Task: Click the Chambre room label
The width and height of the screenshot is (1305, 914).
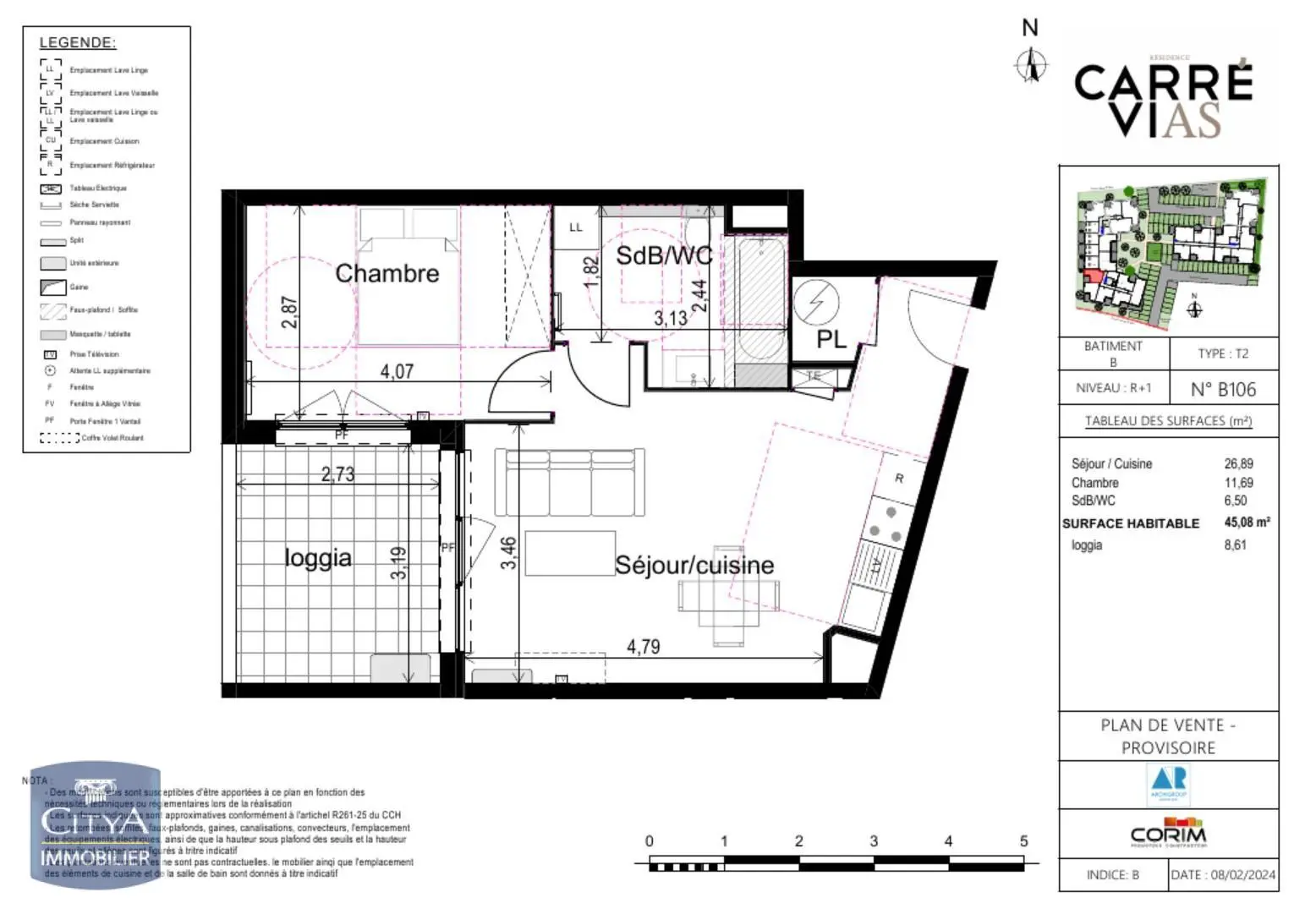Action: tap(387, 273)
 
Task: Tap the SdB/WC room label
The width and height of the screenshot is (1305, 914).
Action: tap(663, 254)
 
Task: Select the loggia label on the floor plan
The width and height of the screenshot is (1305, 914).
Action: tap(317, 557)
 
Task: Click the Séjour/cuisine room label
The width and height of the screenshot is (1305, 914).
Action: tap(694, 565)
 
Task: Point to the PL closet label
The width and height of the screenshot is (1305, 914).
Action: tap(831, 339)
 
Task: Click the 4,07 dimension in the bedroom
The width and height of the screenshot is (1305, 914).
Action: tap(396, 371)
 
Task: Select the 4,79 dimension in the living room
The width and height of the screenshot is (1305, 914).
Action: tap(643, 647)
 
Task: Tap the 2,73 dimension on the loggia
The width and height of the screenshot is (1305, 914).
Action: tap(337, 474)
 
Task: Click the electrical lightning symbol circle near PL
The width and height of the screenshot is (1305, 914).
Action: tap(816, 302)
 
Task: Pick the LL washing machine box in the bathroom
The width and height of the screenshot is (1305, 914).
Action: tap(576, 227)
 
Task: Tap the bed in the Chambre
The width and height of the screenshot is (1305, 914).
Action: tap(409, 279)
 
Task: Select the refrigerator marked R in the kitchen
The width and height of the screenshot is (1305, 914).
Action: tap(898, 479)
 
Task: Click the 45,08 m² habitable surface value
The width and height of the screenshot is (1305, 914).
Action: tap(1247, 523)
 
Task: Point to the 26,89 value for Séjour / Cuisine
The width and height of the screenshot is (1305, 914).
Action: tap(1238, 463)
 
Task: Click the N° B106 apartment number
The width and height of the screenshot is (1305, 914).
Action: tap(1223, 389)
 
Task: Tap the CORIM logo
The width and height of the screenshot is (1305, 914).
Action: tap(1168, 832)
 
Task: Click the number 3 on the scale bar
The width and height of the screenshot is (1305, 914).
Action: tap(874, 841)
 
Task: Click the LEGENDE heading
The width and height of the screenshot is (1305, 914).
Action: tap(78, 42)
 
